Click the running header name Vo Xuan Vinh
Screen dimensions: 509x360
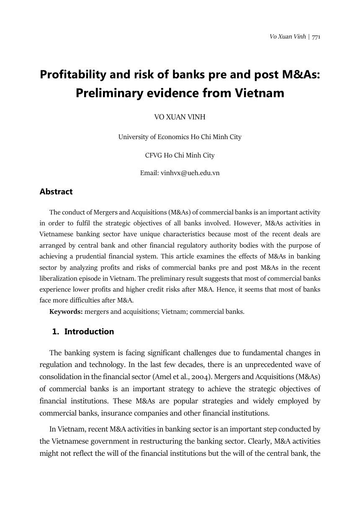point(288,37)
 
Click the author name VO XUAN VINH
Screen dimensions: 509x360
point(180,117)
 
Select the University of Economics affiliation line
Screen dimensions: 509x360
point(180,137)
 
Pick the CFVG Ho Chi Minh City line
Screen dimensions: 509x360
point(180,155)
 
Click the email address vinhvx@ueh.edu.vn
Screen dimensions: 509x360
point(190,173)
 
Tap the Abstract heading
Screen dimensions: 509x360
point(56,191)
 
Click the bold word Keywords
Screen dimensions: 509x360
point(66,311)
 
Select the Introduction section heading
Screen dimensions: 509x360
point(89,331)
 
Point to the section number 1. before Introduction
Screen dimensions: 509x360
point(55,331)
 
